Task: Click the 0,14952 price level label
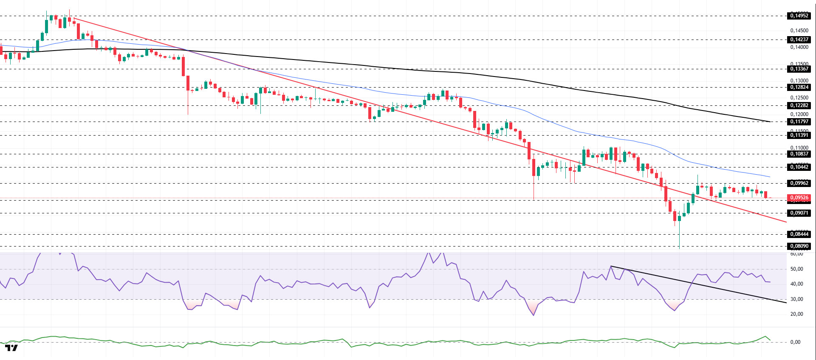pyautogui.click(x=799, y=16)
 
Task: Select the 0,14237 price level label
pyautogui.click(x=799, y=40)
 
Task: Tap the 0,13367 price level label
pyautogui.click(x=799, y=69)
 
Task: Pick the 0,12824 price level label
pyautogui.click(x=799, y=87)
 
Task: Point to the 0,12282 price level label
pyautogui.click(x=799, y=105)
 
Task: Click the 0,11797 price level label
pyautogui.click(x=799, y=122)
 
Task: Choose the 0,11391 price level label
pyautogui.click(x=799, y=135)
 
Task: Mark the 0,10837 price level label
pyautogui.click(x=799, y=154)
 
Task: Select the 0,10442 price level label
pyautogui.click(x=799, y=167)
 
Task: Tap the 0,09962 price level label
pyautogui.click(x=799, y=183)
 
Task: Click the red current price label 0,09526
pyautogui.click(x=799, y=198)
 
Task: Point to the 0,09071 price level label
pyautogui.click(x=799, y=213)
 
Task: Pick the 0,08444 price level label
pyautogui.click(x=799, y=234)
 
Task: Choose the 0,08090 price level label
pyautogui.click(x=799, y=246)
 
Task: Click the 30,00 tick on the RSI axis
pyautogui.click(x=796, y=299)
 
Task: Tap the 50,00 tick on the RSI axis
pyautogui.click(x=796, y=269)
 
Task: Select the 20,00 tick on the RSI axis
pyautogui.click(x=796, y=314)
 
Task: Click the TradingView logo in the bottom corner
pyautogui.click(x=11, y=348)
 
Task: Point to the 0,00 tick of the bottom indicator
pyautogui.click(x=795, y=342)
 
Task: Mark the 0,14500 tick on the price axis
pyautogui.click(x=799, y=31)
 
